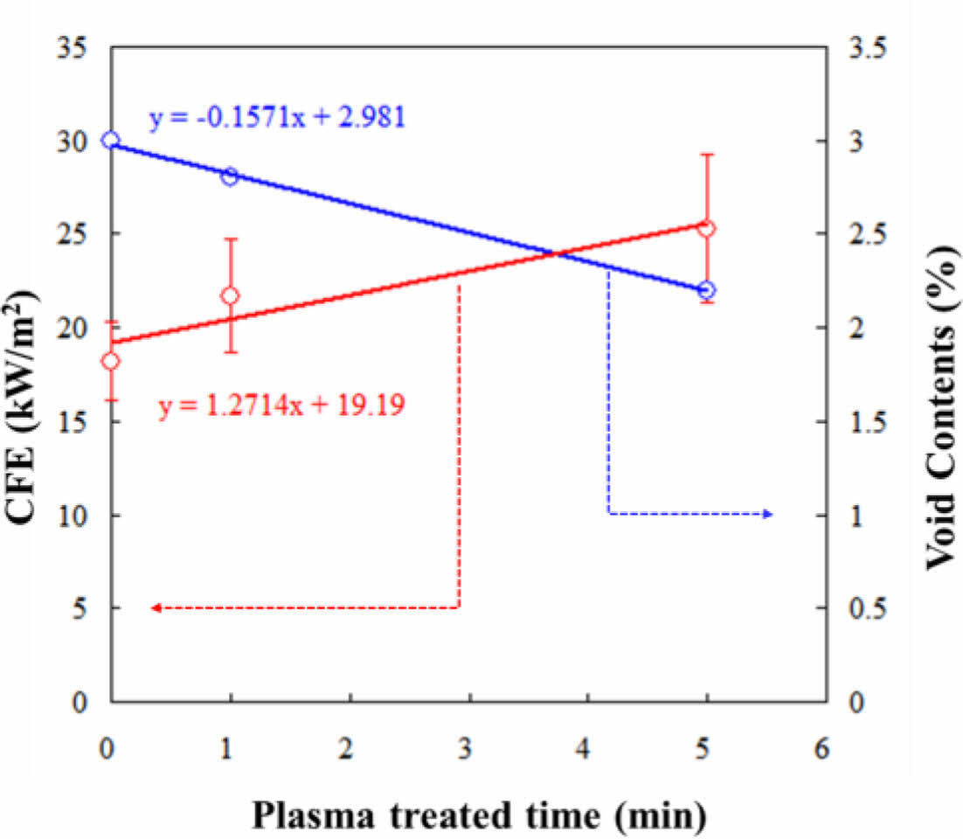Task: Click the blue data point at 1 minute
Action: pyautogui.click(x=230, y=177)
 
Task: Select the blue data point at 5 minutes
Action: pyautogui.click(x=706, y=290)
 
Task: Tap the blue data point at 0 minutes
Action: pyautogui.click(x=110, y=141)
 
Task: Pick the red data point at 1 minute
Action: pyautogui.click(x=230, y=296)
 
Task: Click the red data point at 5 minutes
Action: pyautogui.click(x=706, y=229)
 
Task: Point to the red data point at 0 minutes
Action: pyautogui.click(x=110, y=362)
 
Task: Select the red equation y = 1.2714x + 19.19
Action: pyautogui.click(x=281, y=406)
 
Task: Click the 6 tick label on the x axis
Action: pyautogui.click(x=821, y=749)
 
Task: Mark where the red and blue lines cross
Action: pyautogui.click(x=558, y=254)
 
